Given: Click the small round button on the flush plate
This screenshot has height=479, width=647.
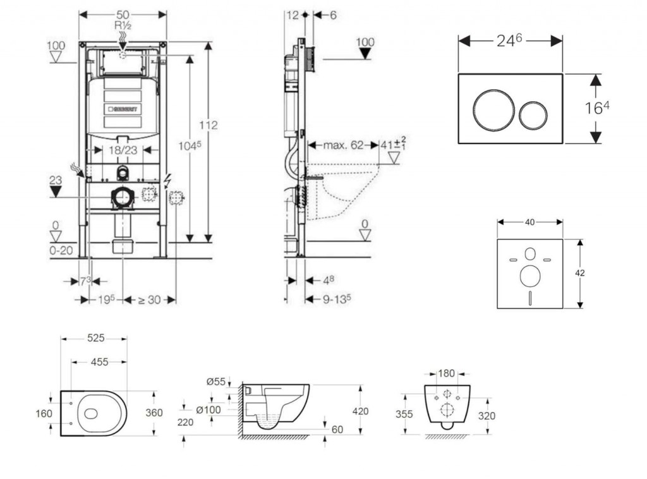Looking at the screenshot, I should point(533,116).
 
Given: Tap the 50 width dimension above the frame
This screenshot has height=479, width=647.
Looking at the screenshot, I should point(123,14).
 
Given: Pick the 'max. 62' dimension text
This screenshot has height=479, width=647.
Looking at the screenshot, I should point(344,145).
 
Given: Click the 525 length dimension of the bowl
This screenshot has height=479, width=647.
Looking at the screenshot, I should point(95,339).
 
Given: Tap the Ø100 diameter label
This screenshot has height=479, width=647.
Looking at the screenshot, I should point(208,410).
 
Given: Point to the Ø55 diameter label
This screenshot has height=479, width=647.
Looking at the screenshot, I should point(217,381).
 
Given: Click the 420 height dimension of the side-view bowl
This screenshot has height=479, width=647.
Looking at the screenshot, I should point(361,411).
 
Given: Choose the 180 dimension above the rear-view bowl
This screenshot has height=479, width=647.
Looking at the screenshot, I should point(447,372).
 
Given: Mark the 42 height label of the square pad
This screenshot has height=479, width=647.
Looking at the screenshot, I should point(580,273).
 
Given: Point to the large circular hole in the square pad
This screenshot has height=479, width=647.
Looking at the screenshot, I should point(529,276).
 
